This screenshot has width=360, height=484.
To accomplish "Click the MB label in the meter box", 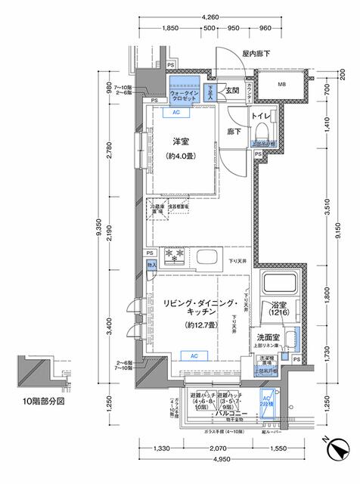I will click(281, 83).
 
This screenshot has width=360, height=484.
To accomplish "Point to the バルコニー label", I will click(226, 415).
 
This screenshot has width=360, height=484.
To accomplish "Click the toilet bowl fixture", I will click(262, 134).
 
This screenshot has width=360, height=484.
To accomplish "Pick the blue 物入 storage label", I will click(151, 265).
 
